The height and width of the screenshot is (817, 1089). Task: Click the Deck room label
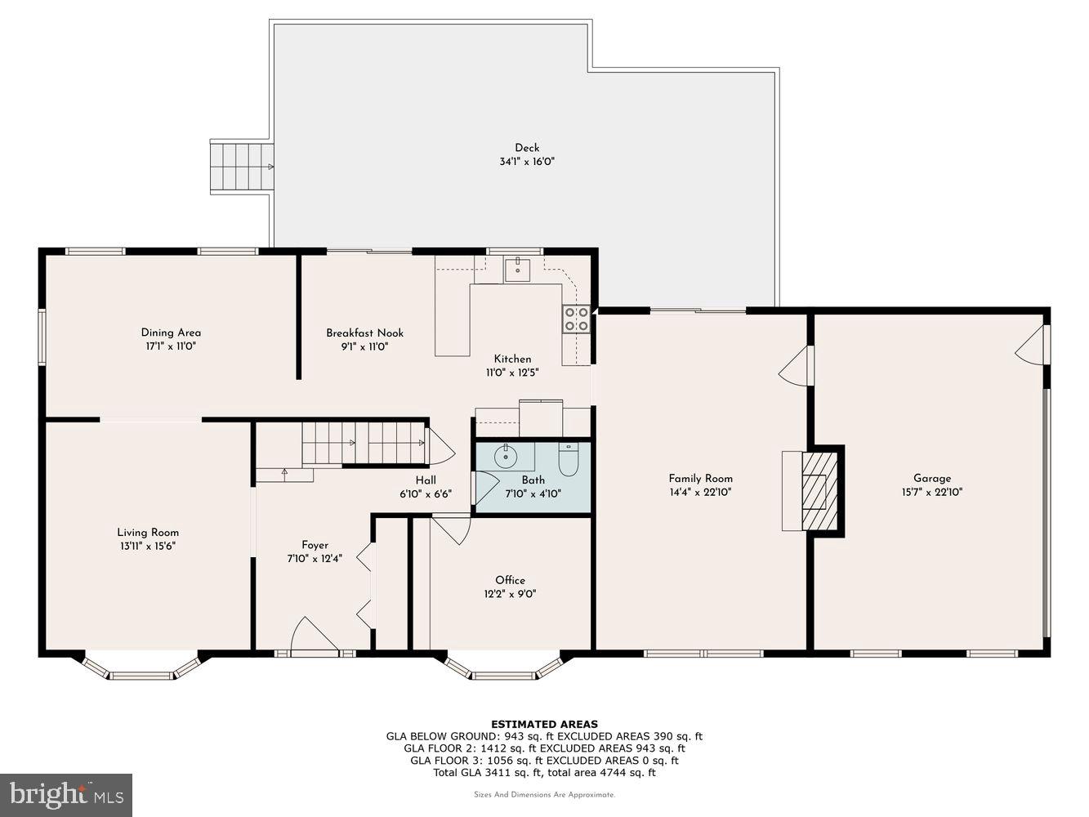pyautogui.click(x=527, y=148)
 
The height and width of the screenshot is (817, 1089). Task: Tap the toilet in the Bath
pyautogui.click(x=568, y=460)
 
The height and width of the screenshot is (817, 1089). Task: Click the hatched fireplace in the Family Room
pyautogui.click(x=814, y=491)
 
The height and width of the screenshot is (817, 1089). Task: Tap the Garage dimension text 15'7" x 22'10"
pyautogui.click(x=931, y=493)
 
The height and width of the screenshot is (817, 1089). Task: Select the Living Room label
pyautogui.click(x=148, y=532)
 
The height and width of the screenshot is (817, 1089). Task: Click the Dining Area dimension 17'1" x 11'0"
pyautogui.click(x=171, y=346)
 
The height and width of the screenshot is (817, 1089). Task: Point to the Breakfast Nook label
pyautogui.click(x=364, y=333)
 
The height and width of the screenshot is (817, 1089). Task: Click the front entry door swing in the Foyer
pyautogui.click(x=313, y=636)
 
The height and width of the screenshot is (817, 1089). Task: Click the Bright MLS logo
pyautogui.click(x=66, y=794)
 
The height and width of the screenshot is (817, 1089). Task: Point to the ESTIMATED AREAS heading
pyautogui.click(x=544, y=724)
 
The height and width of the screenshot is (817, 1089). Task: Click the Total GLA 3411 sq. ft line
pyautogui.click(x=544, y=772)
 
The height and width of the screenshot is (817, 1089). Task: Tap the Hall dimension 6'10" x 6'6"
pyautogui.click(x=425, y=493)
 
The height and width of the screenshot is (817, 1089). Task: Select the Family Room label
pyautogui.click(x=700, y=479)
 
